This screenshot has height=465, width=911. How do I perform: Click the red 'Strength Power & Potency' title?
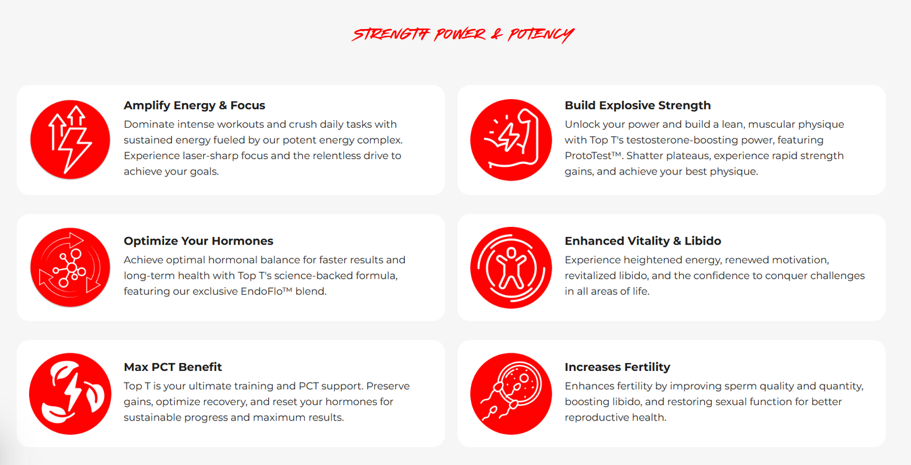pyautogui.click(x=463, y=35)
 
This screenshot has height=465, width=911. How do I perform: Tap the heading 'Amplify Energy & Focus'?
pyautogui.click(x=194, y=105)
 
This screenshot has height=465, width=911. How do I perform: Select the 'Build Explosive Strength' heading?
pyautogui.click(x=638, y=105)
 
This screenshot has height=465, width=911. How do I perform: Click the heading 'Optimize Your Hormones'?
pyautogui.click(x=199, y=241)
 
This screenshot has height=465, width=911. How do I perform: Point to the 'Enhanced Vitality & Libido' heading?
pyautogui.click(x=643, y=241)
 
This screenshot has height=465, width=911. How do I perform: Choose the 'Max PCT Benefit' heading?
pyautogui.click(x=173, y=368)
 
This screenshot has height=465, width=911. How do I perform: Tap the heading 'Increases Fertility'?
pyautogui.click(x=617, y=368)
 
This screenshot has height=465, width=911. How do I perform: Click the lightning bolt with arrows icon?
pyautogui.click(x=70, y=140)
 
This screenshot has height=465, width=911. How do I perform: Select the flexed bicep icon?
pyautogui.click(x=511, y=140)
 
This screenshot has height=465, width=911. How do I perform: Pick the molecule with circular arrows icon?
pyautogui.click(x=70, y=267)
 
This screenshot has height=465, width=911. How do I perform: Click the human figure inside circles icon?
pyautogui.click(x=511, y=267)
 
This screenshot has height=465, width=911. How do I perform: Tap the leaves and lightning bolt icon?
pyautogui.click(x=70, y=394)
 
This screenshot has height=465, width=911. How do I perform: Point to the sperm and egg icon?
pyautogui.click(x=511, y=394)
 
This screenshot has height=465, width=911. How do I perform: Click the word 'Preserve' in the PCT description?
pyautogui.click(x=390, y=386)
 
